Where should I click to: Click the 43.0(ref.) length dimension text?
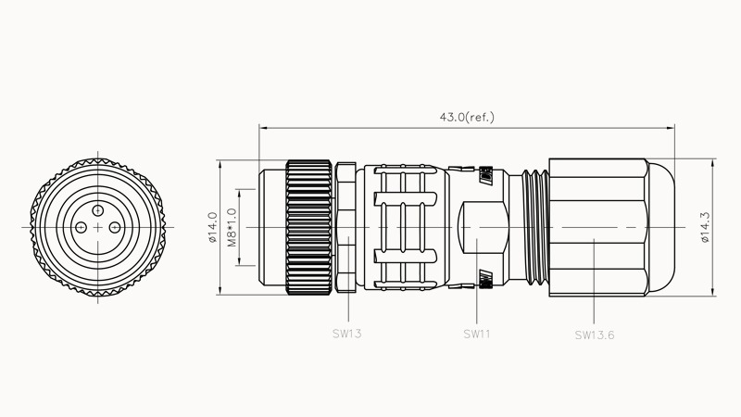[x=467, y=118]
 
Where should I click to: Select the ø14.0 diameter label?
[x=212, y=227]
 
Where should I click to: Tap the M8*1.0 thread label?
[x=232, y=227]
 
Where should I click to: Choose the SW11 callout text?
[x=476, y=332]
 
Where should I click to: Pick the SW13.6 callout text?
[x=594, y=335]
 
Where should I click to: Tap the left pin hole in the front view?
[x=81, y=228]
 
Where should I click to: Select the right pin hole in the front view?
[x=113, y=228]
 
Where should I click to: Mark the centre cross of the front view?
[x=96, y=228]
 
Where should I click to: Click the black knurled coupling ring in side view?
[x=308, y=228]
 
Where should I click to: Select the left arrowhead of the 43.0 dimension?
[x=264, y=127]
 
